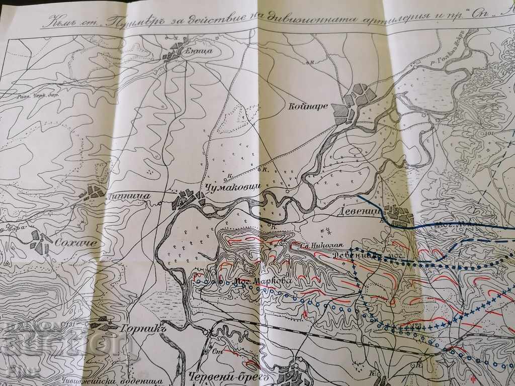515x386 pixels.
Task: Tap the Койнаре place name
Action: [x=306, y=107]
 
